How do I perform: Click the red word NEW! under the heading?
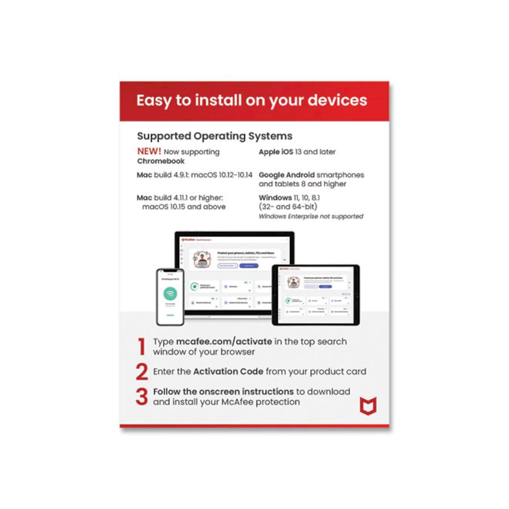149,152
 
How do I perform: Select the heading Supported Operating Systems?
214,136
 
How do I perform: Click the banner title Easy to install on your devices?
251,100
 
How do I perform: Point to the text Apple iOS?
276,152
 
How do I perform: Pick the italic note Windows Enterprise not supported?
311,216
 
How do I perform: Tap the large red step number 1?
142,347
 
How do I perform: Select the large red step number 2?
142,372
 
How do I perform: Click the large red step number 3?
142,397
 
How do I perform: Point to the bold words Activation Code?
228,372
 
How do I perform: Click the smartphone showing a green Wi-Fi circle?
169,296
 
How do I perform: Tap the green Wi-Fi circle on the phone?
170,294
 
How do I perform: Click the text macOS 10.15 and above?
184,207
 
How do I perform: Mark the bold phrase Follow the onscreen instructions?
223,391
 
